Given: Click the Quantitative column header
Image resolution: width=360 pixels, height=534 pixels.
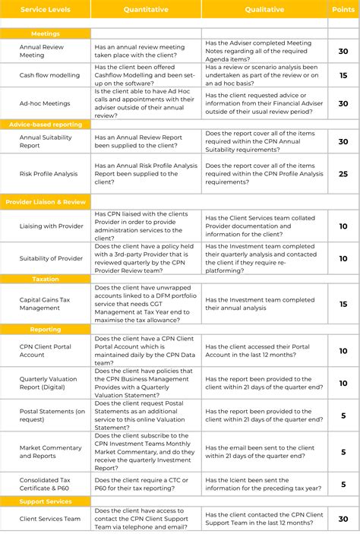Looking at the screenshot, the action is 146,10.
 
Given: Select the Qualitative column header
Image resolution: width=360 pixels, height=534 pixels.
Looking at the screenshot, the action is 264,10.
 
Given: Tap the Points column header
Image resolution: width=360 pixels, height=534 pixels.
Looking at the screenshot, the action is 343,10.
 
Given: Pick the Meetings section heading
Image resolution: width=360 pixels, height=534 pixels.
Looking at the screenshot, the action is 46,33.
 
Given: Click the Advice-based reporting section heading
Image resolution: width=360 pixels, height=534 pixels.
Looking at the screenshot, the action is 46,123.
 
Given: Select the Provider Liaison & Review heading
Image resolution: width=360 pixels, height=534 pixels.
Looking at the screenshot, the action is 46,201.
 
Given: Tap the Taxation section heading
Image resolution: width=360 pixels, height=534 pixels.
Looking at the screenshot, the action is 46,279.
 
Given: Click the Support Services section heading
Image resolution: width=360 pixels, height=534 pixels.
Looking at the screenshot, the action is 46,501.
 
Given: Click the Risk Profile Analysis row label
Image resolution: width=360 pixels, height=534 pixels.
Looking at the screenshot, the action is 49,174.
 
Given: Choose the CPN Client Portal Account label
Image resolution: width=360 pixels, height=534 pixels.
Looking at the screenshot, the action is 45,349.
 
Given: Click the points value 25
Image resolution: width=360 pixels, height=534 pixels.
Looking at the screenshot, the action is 343,174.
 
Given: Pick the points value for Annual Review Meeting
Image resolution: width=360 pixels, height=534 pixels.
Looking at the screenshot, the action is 343,51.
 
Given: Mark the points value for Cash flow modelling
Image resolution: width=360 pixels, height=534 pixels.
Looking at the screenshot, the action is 343,76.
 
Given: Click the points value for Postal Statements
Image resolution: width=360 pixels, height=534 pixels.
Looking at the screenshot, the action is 343,416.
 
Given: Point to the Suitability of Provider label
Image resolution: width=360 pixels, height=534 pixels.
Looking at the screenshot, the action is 51,258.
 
